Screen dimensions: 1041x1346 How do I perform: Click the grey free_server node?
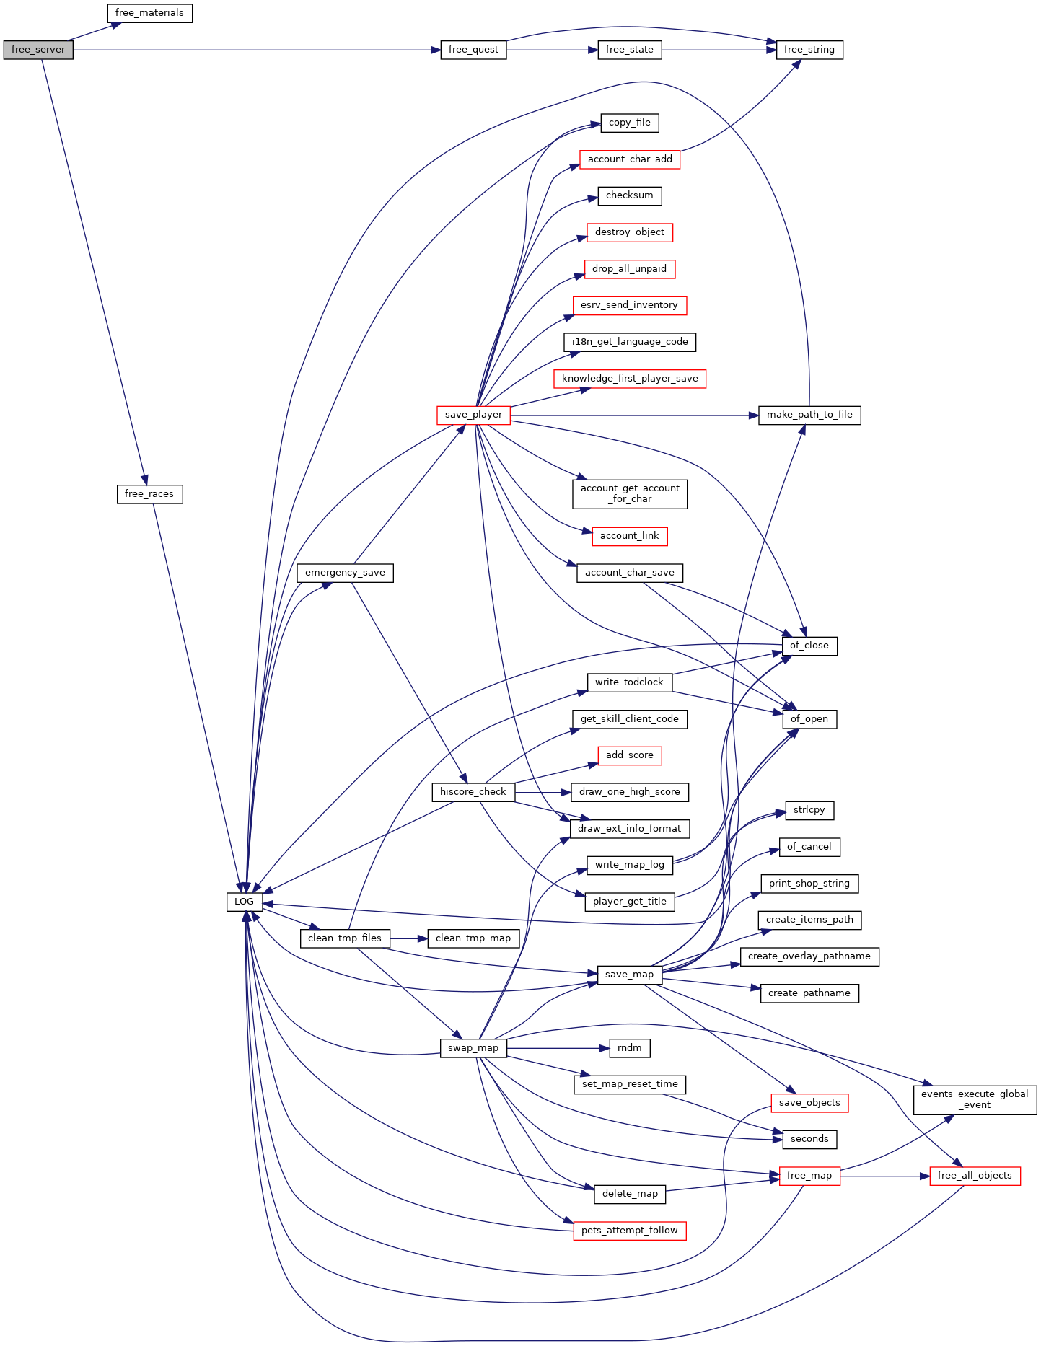click(x=38, y=50)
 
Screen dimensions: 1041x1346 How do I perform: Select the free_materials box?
click(x=149, y=13)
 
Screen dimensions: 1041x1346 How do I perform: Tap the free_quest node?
click(x=473, y=50)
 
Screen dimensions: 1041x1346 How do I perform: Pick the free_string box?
click(x=809, y=50)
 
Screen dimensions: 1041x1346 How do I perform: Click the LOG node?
click(x=245, y=902)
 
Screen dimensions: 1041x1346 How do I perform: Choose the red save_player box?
click(x=473, y=415)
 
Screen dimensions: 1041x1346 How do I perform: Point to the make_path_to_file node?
click(x=809, y=415)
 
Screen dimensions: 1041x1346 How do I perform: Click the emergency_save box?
click(x=345, y=573)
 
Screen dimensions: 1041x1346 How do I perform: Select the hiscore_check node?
click(x=473, y=792)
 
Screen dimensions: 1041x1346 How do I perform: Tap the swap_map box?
click(x=473, y=1048)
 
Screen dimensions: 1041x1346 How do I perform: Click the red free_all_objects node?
click(x=975, y=1176)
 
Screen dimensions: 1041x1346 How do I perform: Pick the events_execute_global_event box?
click(x=975, y=1100)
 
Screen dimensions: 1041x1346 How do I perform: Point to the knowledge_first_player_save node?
click(x=630, y=379)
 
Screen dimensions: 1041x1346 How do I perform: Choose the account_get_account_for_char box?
click(x=630, y=494)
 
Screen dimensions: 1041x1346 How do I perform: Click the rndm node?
click(x=630, y=1048)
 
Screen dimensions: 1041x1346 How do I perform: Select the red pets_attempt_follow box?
click(x=630, y=1231)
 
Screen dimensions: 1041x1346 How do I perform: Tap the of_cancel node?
click(x=809, y=847)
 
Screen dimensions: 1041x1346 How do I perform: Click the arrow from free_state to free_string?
click(x=719, y=50)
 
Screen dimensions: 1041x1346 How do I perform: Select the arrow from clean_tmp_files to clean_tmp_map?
click(x=409, y=938)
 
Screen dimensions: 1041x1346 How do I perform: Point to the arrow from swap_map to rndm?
click(x=558, y=1048)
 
